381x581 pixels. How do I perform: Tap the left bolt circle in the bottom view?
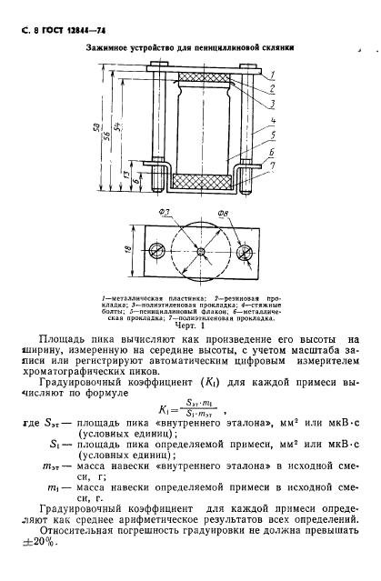pyautogui.click(x=157, y=251)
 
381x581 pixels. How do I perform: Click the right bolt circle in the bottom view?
pyautogui.click(x=246, y=251)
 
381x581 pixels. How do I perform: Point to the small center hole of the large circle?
pyautogui.click(x=201, y=251)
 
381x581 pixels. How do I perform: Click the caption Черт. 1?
pyautogui.click(x=202, y=321)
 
